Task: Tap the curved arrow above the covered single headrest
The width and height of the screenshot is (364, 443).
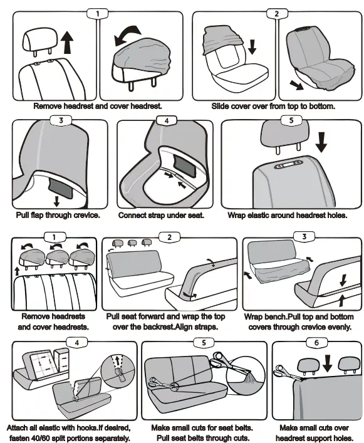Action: point(127,34)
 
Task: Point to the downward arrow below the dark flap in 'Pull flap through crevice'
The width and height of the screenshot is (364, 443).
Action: point(57,201)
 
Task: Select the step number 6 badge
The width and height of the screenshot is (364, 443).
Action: point(316,343)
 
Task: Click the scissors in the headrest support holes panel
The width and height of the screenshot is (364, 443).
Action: point(289,373)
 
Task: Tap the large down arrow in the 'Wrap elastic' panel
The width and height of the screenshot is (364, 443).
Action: point(321,142)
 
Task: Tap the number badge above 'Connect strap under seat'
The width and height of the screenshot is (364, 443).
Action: point(167,121)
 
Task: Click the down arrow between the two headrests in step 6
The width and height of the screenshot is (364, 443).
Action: point(327,363)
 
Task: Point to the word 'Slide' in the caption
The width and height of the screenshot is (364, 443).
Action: point(219,107)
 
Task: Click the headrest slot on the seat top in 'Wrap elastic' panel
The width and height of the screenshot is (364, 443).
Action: point(288,165)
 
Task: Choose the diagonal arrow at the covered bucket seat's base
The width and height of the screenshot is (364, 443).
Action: point(296,85)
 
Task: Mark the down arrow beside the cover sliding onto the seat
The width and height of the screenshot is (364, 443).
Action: point(252,46)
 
